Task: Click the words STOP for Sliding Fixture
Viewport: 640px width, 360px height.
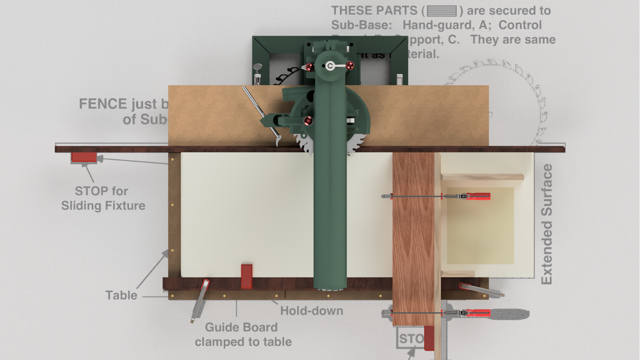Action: pyautogui.click(x=103, y=198)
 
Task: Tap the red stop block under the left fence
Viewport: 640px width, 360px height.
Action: pyautogui.click(x=84, y=157)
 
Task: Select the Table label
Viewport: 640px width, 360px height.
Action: pyautogui.click(x=121, y=295)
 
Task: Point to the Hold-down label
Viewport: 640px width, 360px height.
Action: pyautogui.click(x=311, y=311)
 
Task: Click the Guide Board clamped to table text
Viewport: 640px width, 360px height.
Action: pyautogui.click(x=243, y=334)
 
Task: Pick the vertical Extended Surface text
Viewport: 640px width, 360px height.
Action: pyautogui.click(x=547, y=224)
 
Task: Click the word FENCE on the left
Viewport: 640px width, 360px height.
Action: pyautogui.click(x=103, y=104)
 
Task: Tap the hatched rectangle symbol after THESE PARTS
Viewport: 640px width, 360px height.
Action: pyautogui.click(x=442, y=11)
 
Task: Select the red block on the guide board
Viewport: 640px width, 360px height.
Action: pyautogui.click(x=247, y=276)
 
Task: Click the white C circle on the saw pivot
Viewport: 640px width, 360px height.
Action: pyautogui.click(x=330, y=66)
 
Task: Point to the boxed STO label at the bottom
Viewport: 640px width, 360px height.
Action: pyautogui.click(x=410, y=338)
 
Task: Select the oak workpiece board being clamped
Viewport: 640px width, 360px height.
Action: pyautogui.click(x=413, y=239)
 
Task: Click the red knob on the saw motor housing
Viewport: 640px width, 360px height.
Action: pyautogui.click(x=308, y=121)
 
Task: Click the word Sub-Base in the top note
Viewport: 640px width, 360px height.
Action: pyautogui.click(x=361, y=25)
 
